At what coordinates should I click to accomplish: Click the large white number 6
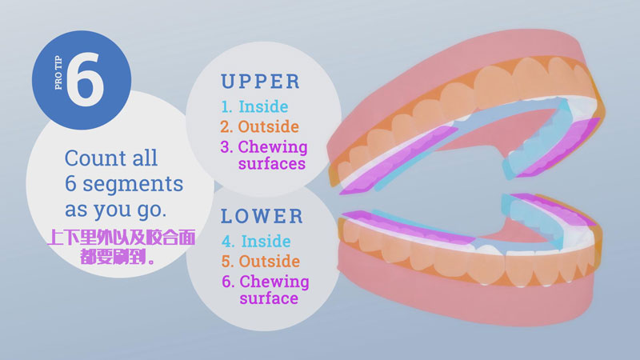[x=85, y=78]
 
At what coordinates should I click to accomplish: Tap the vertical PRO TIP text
[x=58, y=72]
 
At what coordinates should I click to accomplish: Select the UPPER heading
[x=261, y=82]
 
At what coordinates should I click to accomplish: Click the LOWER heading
[x=262, y=216]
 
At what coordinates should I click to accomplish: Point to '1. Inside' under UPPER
[x=254, y=106]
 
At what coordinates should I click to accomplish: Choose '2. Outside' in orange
[x=259, y=126]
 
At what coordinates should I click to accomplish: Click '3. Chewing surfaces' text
[x=264, y=155]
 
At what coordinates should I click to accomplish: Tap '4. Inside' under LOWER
[x=256, y=242]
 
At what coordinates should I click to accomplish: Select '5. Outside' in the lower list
[x=261, y=262]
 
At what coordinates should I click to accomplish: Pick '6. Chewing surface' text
[x=266, y=290]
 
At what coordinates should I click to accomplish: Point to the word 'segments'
[x=133, y=184]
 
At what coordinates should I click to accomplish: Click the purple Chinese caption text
[x=122, y=247]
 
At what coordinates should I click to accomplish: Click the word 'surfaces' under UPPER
[x=272, y=164]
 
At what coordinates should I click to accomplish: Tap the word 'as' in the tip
[x=76, y=210]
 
